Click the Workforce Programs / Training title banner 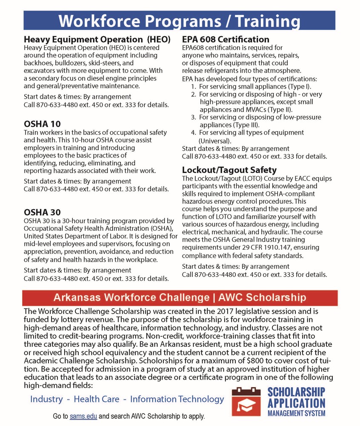point(179,20)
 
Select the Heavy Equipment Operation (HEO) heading point(97,40)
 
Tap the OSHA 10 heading point(42,124)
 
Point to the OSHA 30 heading point(42,212)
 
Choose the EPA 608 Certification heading point(226,40)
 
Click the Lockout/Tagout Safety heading point(229,170)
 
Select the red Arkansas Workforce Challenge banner point(179,296)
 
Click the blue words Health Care point(94,399)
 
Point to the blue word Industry point(46,399)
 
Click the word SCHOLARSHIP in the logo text point(296,391)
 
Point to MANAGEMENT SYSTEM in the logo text point(296,413)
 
